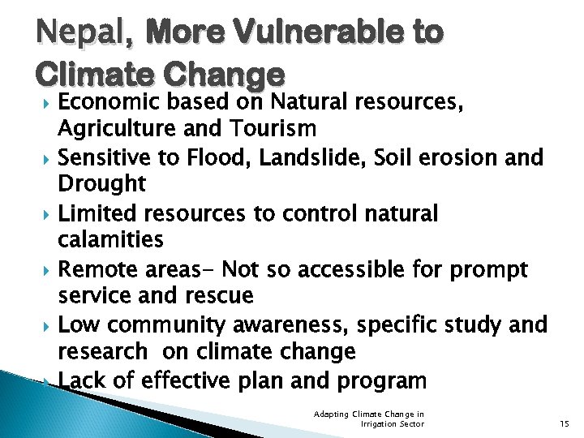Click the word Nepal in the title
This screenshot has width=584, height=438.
76,32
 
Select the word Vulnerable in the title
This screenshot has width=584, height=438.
315,32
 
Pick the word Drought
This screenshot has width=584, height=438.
101,184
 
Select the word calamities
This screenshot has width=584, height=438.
110,240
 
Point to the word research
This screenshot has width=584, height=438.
102,352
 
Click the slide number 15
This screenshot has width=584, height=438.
565,423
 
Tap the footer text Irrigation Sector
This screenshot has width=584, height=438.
392,423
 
